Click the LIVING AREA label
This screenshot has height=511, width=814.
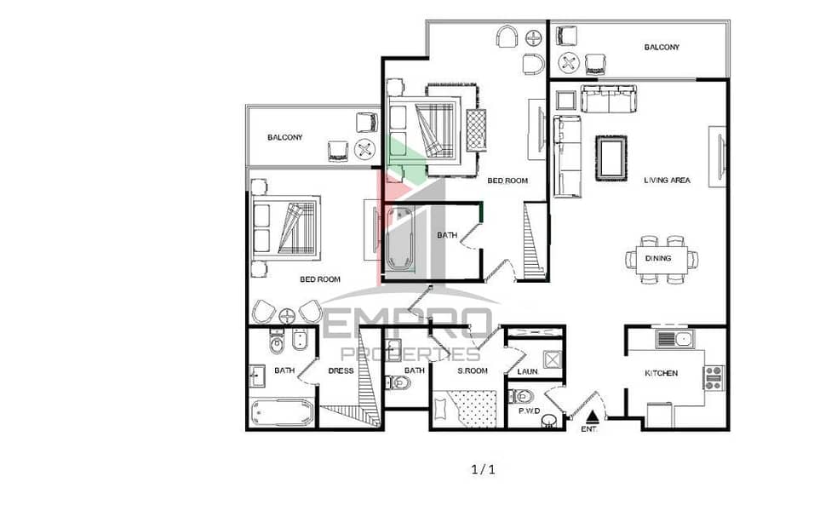click(667, 181)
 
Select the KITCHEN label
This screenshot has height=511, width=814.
click(661, 373)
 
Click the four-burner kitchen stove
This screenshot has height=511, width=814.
click(714, 377)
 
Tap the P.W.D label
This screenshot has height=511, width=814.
click(529, 411)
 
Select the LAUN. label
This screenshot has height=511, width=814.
click(527, 372)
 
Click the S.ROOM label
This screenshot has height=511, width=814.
click(473, 370)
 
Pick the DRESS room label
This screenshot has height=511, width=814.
click(341, 370)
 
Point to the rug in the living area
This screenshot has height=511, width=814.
click(611, 158)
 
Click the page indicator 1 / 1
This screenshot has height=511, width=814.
click(484, 469)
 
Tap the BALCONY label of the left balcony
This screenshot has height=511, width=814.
click(285, 138)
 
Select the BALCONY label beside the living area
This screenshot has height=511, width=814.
click(662, 47)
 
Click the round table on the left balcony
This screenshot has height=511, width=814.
click(364, 150)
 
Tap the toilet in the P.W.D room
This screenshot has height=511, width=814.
click(521, 397)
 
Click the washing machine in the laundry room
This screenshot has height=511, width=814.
click(552, 360)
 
